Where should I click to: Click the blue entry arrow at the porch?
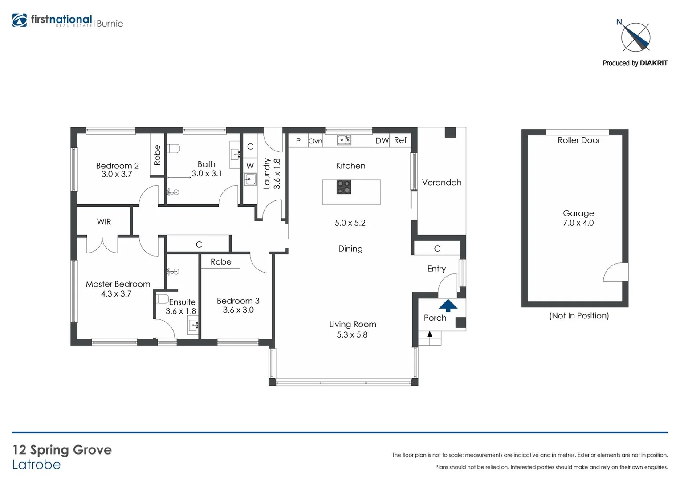click(x=448, y=305)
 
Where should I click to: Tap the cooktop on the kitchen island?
click(x=343, y=187)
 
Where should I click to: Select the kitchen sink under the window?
click(x=344, y=140)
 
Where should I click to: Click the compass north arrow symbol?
click(x=635, y=37)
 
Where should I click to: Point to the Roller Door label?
click(x=578, y=140)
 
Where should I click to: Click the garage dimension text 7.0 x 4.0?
click(x=578, y=223)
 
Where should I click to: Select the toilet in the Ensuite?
click(x=162, y=298)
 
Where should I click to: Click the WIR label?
click(x=104, y=222)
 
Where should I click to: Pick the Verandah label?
click(x=441, y=183)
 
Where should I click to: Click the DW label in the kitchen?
click(x=382, y=141)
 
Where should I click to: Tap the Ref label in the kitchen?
click(x=400, y=140)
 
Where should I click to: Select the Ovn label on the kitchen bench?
click(x=315, y=141)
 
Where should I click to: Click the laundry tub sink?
click(x=250, y=179)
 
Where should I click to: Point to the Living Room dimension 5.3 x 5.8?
click(x=352, y=334)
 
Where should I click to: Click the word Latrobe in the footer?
click(x=36, y=465)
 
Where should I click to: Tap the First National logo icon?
click(x=20, y=20)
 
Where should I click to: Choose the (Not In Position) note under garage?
click(x=578, y=316)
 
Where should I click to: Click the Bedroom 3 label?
click(x=238, y=301)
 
